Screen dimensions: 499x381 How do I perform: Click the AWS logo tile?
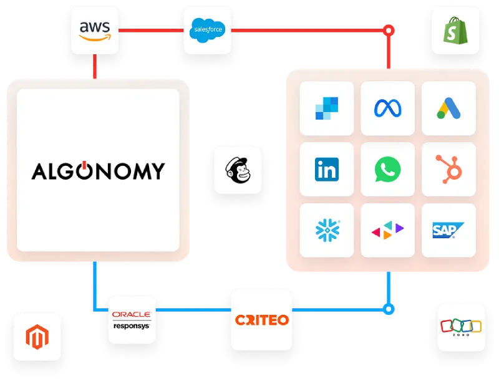(x=95, y=31)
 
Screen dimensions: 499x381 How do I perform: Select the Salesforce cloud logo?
(x=208, y=31)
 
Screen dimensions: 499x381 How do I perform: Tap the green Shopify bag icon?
(x=455, y=31)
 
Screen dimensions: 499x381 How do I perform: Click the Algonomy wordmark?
(x=98, y=171)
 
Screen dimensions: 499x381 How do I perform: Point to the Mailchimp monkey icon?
(x=238, y=170)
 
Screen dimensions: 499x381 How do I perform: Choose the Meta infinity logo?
(x=387, y=109)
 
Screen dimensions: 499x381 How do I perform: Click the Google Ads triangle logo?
(x=448, y=109)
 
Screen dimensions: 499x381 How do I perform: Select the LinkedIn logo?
(x=327, y=169)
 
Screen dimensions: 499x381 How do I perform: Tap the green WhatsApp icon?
(x=387, y=169)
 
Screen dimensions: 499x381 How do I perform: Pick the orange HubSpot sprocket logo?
(x=448, y=169)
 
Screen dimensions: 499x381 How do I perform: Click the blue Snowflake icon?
(x=327, y=230)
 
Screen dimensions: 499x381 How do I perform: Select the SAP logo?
(x=448, y=230)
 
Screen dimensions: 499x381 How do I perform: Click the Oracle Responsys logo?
(x=132, y=321)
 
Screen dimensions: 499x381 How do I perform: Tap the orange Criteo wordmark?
(x=262, y=320)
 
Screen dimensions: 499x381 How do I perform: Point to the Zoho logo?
(x=461, y=327)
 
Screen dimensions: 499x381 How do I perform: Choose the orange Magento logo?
(x=37, y=337)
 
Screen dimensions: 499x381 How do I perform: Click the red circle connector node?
(x=389, y=31)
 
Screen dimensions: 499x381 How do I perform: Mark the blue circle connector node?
(x=389, y=309)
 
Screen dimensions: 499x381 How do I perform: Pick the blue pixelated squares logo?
(x=327, y=109)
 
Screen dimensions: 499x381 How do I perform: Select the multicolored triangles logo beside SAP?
(x=387, y=230)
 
